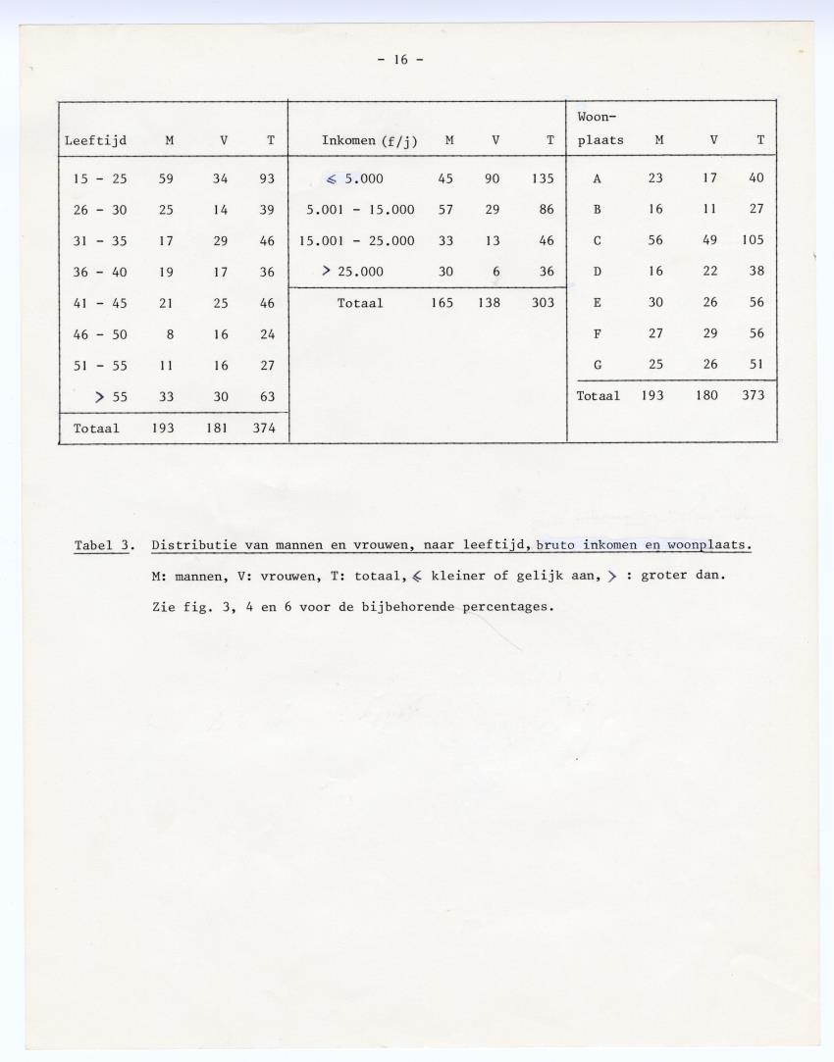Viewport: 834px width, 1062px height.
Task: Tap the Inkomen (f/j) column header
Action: (x=369, y=141)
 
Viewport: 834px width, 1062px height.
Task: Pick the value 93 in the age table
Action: (x=268, y=179)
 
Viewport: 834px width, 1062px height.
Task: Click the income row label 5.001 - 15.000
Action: (x=360, y=210)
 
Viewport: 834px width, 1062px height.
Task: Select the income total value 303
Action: (x=543, y=303)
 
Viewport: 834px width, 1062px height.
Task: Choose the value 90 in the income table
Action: (x=496, y=179)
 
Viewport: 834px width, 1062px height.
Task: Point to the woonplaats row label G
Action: (x=598, y=365)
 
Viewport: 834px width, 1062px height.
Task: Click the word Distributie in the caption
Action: (x=196, y=545)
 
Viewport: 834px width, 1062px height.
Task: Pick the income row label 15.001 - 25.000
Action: (x=360, y=240)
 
